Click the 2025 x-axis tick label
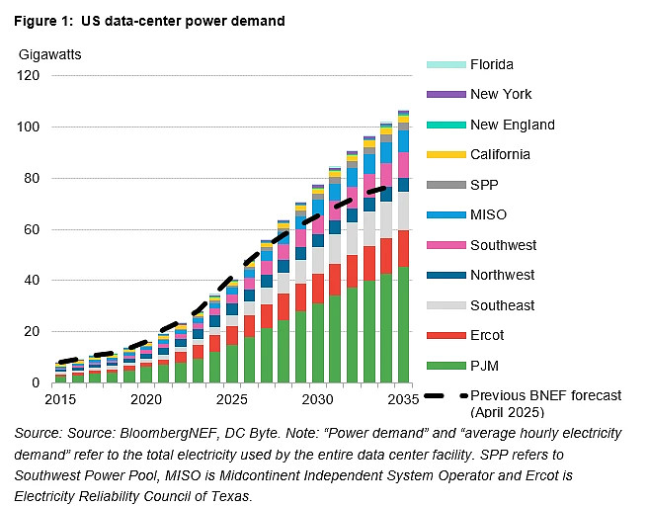tap(230, 399)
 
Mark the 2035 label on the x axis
tap(403, 399)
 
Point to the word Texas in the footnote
tap(233, 495)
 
